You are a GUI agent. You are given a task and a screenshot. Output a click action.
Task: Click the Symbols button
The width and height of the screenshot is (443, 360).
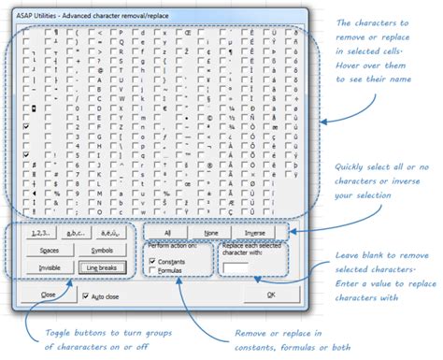103,251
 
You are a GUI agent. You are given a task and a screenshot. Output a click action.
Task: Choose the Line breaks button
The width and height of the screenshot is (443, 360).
103,268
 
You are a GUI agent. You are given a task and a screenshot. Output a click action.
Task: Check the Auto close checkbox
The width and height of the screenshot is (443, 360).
86,295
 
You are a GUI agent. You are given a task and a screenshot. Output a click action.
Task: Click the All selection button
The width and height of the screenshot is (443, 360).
167,232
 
